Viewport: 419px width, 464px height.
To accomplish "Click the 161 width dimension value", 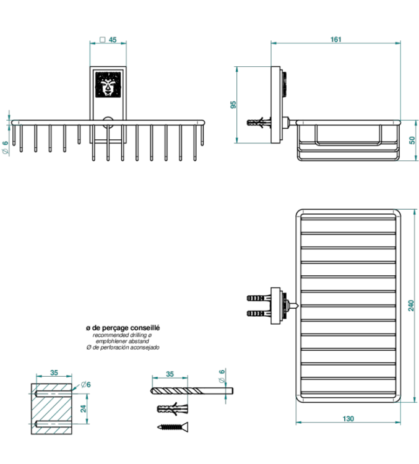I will pyautogui.click(x=335, y=40).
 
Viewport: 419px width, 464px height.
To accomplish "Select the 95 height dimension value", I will pyautogui.click(x=234, y=104).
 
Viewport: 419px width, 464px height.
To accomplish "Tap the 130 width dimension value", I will pyautogui.click(x=348, y=419).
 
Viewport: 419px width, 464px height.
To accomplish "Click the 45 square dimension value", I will pyautogui.click(x=113, y=39).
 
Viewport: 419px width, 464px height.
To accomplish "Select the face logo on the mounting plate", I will pyautogui.click(x=108, y=86).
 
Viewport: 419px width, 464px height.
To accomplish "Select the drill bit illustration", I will pyautogui.click(x=192, y=390).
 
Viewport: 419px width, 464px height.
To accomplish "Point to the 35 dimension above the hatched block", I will pyautogui.click(x=54, y=373).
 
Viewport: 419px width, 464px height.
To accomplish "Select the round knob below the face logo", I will pyautogui.click(x=108, y=121).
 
